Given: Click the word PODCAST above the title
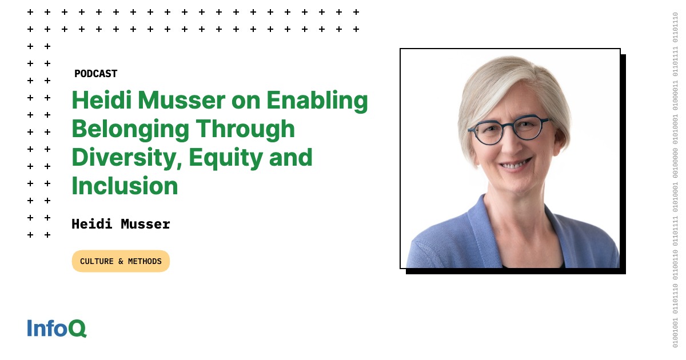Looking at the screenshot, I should pos(95,74).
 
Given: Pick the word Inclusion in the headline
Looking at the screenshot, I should pos(125,186).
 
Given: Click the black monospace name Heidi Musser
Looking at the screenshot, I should pos(121,224).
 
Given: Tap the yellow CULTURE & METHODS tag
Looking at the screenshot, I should pos(121,261).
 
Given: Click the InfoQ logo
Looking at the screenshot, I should pos(57,328).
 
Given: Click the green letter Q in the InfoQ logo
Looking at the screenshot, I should pos(78,329).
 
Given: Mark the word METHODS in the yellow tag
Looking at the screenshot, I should pos(144,261).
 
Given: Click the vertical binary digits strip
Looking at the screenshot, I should pos(676,180).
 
